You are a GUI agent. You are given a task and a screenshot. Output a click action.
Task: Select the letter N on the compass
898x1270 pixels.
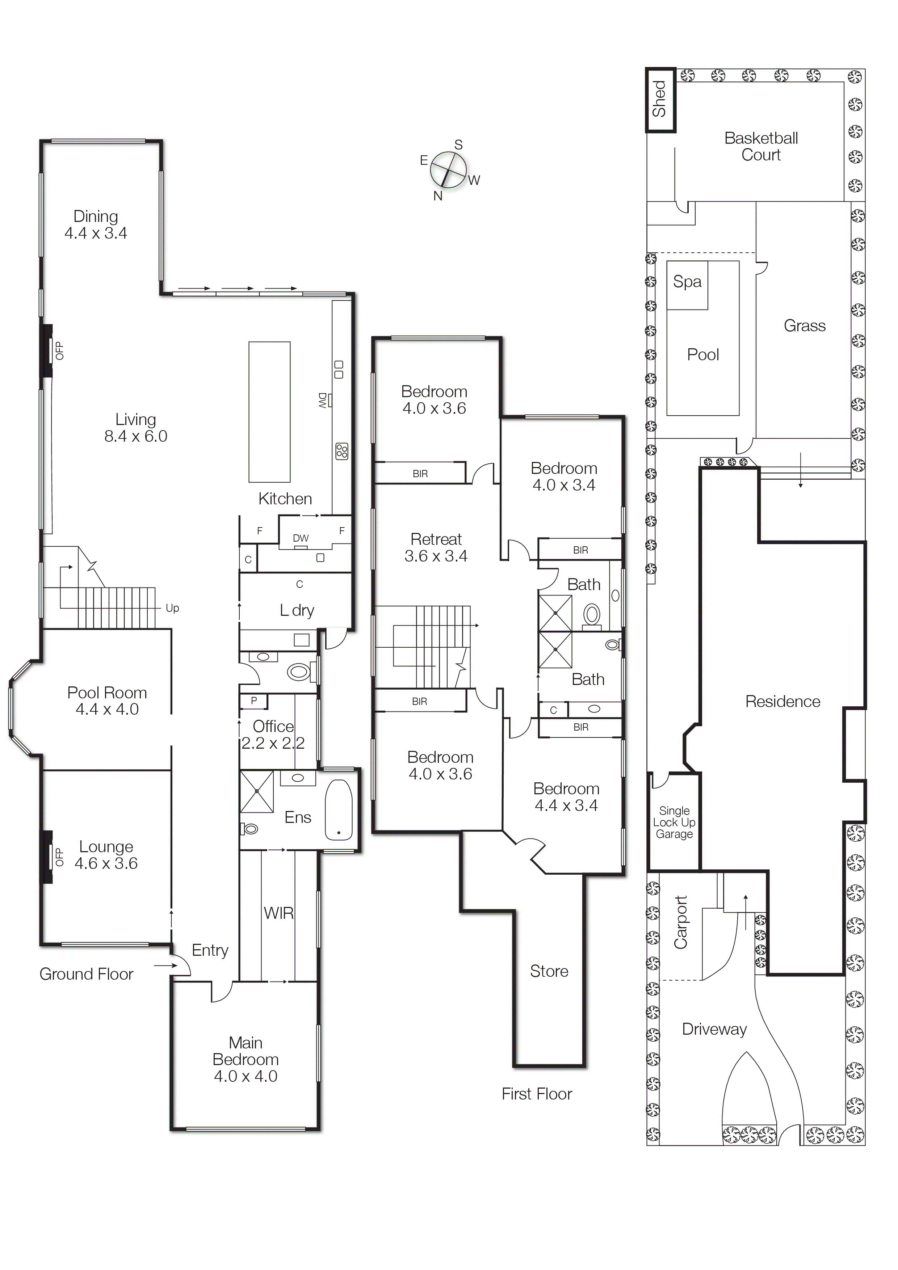tap(438, 196)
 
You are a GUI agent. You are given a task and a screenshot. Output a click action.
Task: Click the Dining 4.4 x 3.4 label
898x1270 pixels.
tap(96, 224)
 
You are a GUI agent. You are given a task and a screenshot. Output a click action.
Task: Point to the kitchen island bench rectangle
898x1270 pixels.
tap(269, 412)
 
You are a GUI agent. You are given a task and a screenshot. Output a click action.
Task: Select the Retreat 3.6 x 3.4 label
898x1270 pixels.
tap(436, 548)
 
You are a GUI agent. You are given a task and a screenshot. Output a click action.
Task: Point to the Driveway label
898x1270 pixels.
tap(714, 1029)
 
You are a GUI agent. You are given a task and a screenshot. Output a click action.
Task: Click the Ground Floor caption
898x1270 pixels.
tap(86, 974)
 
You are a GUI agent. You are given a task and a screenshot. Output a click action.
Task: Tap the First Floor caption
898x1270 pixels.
tap(537, 1094)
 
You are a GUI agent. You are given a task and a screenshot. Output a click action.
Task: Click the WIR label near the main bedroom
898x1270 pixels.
tap(278, 913)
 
